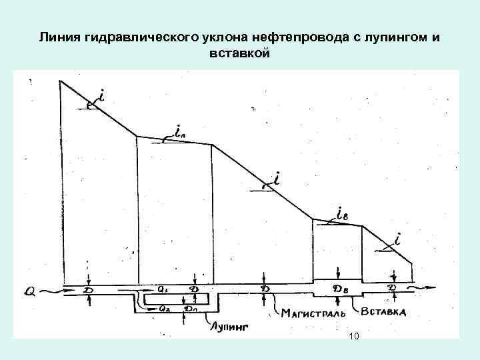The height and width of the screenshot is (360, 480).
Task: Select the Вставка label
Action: click(x=385, y=311)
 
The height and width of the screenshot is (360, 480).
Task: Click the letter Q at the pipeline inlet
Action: click(x=31, y=291)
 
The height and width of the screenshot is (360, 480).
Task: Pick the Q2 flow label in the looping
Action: click(x=164, y=309)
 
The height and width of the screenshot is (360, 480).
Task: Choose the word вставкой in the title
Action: click(x=240, y=53)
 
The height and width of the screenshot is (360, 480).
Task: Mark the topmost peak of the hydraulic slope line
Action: click(x=61, y=81)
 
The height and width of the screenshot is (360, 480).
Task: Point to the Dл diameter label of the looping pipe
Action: click(x=191, y=309)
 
